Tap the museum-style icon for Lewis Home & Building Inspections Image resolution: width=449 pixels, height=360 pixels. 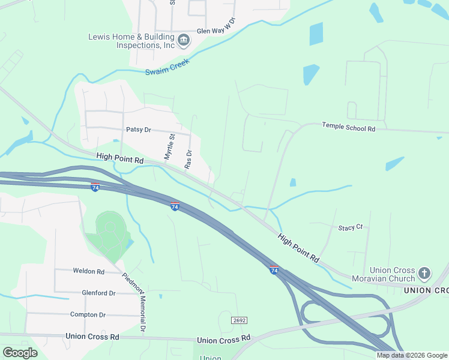pos(184,41)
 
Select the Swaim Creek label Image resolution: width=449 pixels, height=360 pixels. pos(167,67)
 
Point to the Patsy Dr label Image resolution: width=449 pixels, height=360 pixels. pos(138,130)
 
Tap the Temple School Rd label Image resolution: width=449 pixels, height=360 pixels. pos(348,126)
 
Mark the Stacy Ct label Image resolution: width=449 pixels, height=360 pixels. pos(351,227)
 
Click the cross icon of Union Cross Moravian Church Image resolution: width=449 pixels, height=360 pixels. pos(424,274)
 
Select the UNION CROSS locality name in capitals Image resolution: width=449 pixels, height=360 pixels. pos(426,290)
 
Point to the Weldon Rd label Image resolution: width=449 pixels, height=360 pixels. pos(88,271)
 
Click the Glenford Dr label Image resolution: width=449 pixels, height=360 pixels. pos(98,293)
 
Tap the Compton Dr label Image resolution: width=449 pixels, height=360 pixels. pos(88,314)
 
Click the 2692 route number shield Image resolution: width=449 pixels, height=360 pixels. pos(239,320)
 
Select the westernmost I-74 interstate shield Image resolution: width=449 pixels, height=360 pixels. pos(95,187)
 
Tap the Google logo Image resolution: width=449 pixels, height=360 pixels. pos(20,353)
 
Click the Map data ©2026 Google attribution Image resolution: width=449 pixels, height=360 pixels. pos(412,355)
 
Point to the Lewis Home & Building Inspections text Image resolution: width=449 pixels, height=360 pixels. pos(131,41)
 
